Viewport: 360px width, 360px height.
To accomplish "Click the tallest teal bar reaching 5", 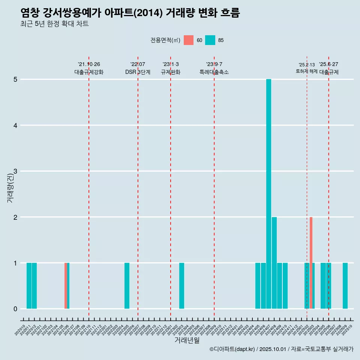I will pyautogui.click(x=268, y=194).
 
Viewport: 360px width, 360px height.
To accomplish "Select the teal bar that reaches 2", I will pyautogui.click(x=274, y=262).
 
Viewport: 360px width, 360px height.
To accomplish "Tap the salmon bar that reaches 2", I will pyautogui.click(x=311, y=262).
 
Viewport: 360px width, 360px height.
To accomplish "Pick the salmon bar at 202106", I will pyautogui.click(x=66, y=286).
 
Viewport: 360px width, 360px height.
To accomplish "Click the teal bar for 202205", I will pyautogui.click(x=127, y=286).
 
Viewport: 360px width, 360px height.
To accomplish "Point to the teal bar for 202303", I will pyautogui.click(x=181, y=286).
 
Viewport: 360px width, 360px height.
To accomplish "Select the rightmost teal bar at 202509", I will pyautogui.click(x=345, y=286).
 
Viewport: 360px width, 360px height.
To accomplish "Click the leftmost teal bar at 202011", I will pyautogui.click(x=29, y=286).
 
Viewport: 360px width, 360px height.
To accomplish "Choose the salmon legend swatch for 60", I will pyautogui.click(x=189, y=40).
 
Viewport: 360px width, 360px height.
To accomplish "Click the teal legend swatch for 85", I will pyautogui.click(x=210, y=40).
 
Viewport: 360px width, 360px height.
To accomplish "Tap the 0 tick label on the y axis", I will pyautogui.click(x=15, y=309).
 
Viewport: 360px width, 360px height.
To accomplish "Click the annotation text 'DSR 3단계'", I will pyautogui.click(x=138, y=72).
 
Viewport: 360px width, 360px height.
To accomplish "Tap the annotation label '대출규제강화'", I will pyautogui.click(x=89, y=72).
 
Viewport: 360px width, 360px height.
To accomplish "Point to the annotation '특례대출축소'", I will pyautogui.click(x=214, y=72).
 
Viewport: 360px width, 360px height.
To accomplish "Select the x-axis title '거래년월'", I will pyautogui.click(x=187, y=340).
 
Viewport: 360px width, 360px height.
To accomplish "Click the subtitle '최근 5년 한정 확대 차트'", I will pyautogui.click(x=54, y=24).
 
